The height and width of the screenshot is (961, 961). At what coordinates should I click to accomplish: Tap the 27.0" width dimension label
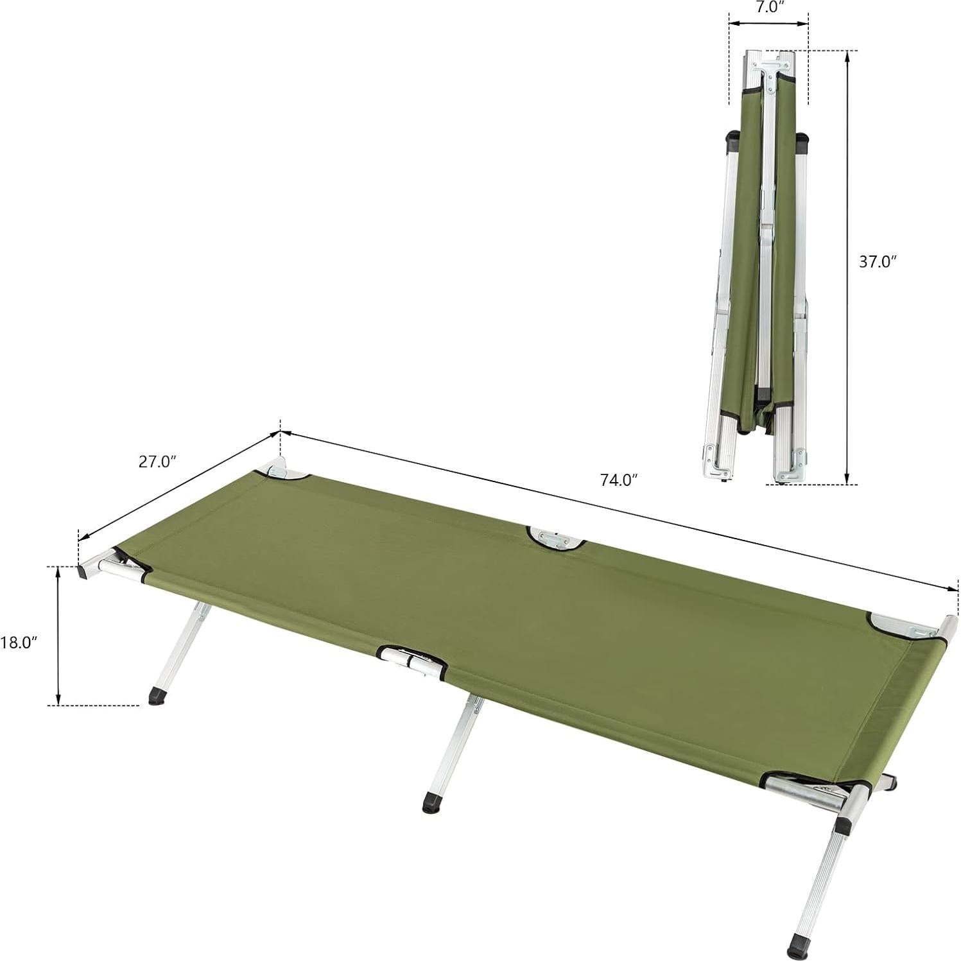pyautogui.click(x=157, y=462)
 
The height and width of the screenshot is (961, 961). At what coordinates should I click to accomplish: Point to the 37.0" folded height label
pyautogui.click(x=877, y=261)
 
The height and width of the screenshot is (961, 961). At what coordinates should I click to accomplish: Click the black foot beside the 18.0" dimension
pyautogui.click(x=156, y=696)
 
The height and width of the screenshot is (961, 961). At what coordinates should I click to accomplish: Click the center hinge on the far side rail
pyautogui.click(x=555, y=539)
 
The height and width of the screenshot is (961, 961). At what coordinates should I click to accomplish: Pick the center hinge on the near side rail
pyautogui.click(x=411, y=661)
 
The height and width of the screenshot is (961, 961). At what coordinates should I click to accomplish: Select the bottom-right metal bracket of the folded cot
pyautogui.click(x=788, y=463)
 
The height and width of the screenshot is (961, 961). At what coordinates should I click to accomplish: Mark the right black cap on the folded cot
pyautogui.click(x=801, y=141)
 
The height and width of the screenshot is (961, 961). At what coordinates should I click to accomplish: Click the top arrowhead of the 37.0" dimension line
pyautogui.click(x=847, y=56)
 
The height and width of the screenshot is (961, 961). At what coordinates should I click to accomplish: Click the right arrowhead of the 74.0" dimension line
pyautogui.click(x=952, y=589)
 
